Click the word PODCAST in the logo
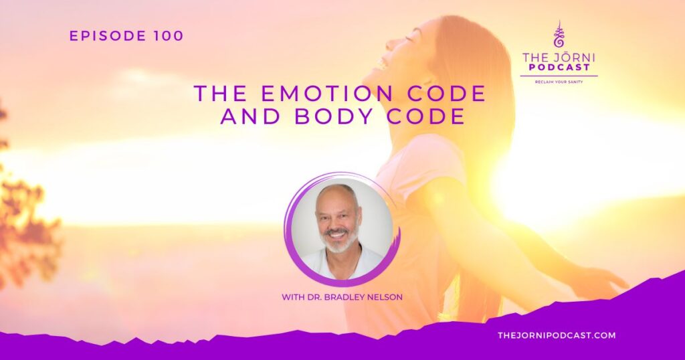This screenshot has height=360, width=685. pyautogui.click(x=559, y=68)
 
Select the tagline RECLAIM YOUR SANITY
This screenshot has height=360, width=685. pyautogui.click(x=559, y=82)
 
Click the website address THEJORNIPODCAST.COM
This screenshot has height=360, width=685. pyautogui.click(x=557, y=335)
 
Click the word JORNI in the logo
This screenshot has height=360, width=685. pyautogui.click(x=575, y=57)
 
